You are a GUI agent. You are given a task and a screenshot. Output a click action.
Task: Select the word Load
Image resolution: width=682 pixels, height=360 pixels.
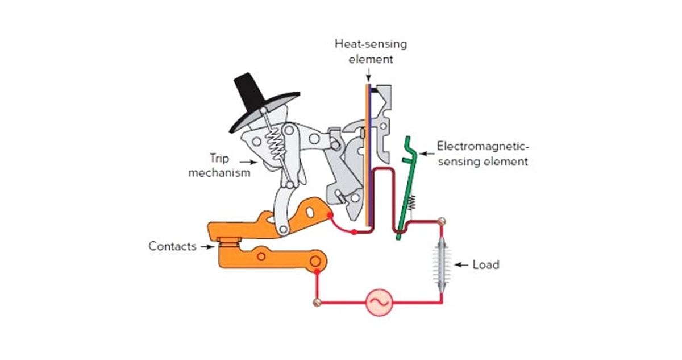coord(486,264)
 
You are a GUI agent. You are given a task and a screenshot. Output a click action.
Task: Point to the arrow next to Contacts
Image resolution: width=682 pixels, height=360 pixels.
coord(205,247)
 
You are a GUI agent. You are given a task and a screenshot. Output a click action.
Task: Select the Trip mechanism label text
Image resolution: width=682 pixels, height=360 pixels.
coord(219,165)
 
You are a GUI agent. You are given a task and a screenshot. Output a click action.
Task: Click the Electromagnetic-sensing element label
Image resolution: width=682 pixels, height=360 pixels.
coord(483,154)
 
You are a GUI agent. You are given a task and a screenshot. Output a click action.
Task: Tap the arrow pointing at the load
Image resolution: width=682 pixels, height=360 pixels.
coord(461,264)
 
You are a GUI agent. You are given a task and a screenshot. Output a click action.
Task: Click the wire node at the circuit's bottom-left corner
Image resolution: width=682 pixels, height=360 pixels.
coord(316,301)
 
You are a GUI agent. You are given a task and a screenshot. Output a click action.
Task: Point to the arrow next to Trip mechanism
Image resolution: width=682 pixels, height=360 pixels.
coord(249,162)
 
